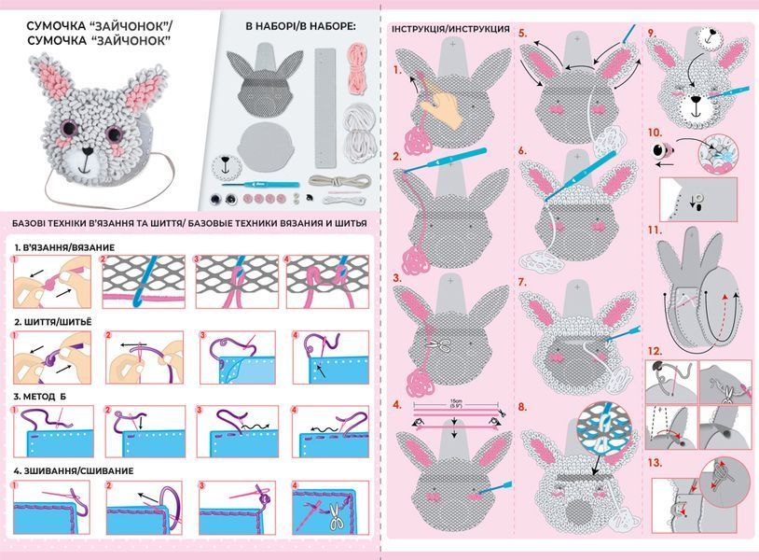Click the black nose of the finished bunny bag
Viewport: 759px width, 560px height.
87,151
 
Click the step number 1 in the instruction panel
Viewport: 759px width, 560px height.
397,70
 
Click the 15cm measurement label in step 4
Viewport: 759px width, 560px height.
456,403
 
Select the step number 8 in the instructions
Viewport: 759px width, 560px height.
522,406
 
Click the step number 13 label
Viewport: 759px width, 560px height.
655,463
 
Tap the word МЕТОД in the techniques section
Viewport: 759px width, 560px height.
40,397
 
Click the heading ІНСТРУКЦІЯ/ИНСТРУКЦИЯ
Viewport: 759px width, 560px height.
450,29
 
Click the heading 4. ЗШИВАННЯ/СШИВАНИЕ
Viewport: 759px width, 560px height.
74,470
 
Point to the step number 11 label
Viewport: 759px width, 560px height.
655,231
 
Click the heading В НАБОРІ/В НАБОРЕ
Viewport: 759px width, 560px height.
300,27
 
